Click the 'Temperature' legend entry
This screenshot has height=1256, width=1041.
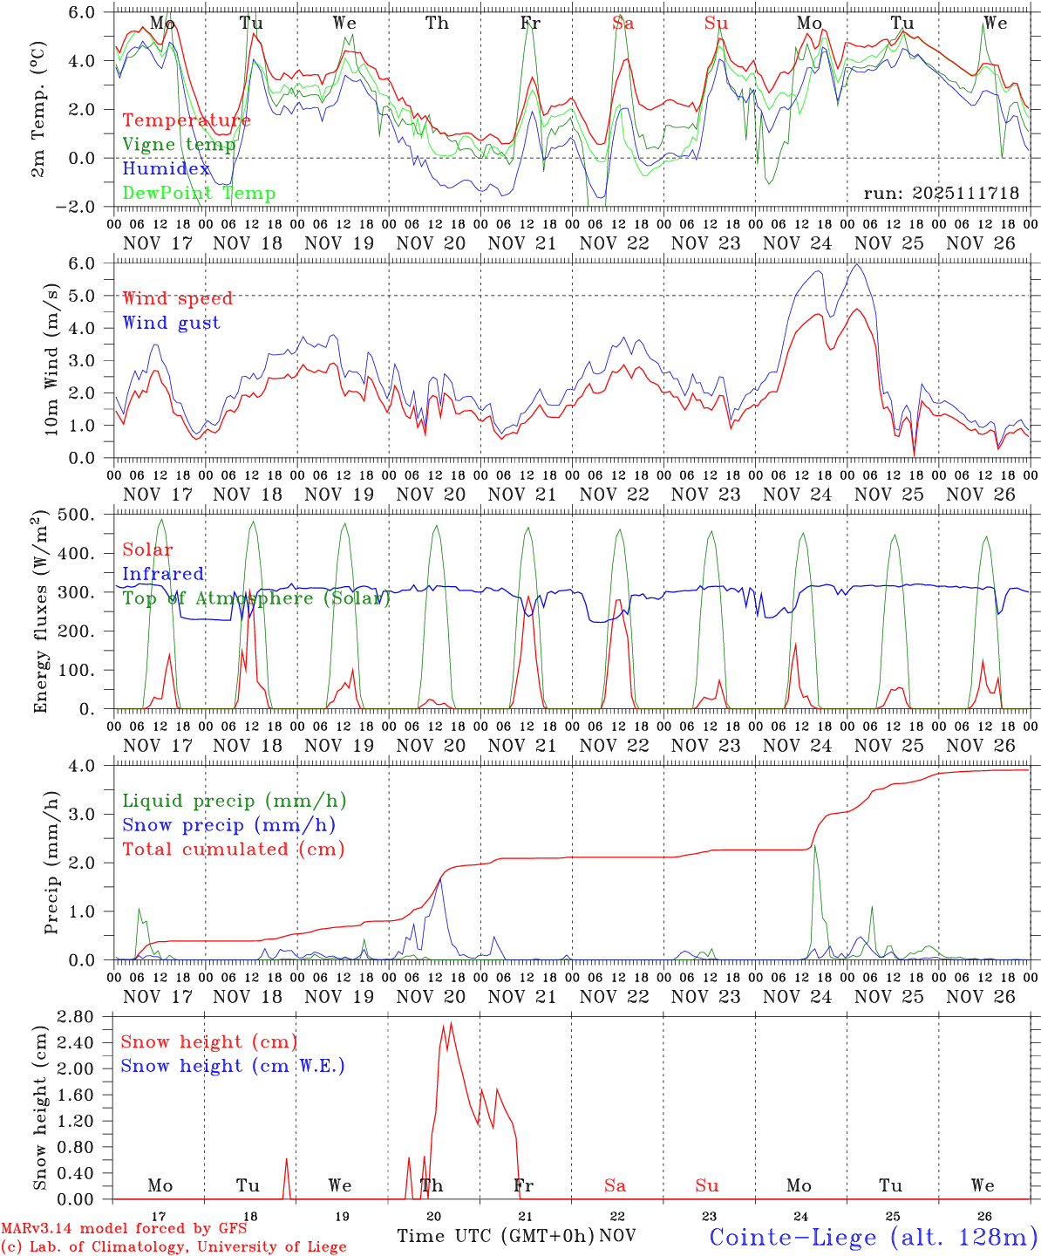click(x=186, y=120)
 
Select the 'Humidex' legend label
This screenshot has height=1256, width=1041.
click(x=166, y=168)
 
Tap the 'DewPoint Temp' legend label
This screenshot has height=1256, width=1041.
click(x=199, y=193)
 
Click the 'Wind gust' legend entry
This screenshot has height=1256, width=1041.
click(x=171, y=323)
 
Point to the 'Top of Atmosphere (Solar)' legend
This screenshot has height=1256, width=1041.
click(x=256, y=598)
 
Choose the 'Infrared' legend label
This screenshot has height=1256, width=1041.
click(x=163, y=574)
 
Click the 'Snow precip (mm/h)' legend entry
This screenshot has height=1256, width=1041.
click(x=228, y=825)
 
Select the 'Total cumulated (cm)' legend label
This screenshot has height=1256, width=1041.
click(x=233, y=849)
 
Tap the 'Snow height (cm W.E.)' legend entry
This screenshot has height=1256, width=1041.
click(x=232, y=1066)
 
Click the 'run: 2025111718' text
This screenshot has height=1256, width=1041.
click(x=941, y=193)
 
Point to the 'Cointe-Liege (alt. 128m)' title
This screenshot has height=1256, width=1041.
click(x=873, y=1236)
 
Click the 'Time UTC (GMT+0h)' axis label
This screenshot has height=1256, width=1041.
click(x=495, y=1236)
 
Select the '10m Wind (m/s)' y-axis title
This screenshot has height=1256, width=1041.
click(x=51, y=359)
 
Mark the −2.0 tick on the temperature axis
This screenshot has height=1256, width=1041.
click(x=84, y=207)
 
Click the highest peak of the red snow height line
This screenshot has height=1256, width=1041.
click(x=451, y=1023)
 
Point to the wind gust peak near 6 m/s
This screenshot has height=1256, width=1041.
click(x=858, y=264)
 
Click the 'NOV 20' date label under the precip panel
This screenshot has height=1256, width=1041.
click(x=431, y=997)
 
